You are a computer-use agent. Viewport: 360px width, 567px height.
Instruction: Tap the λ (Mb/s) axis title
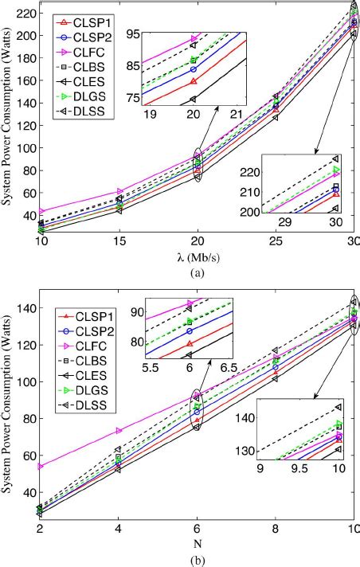[x=196, y=256]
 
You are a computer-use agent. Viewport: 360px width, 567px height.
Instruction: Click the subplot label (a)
[x=196, y=271]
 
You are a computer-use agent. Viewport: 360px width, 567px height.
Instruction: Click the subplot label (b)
[x=196, y=560]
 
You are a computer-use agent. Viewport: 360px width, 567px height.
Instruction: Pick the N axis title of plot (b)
[x=196, y=544]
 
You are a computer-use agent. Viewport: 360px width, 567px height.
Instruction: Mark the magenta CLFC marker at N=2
[x=40, y=466]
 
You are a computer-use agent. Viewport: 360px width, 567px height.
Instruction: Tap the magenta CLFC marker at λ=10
[x=40, y=212]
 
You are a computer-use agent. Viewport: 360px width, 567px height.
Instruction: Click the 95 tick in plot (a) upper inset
[x=131, y=34]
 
